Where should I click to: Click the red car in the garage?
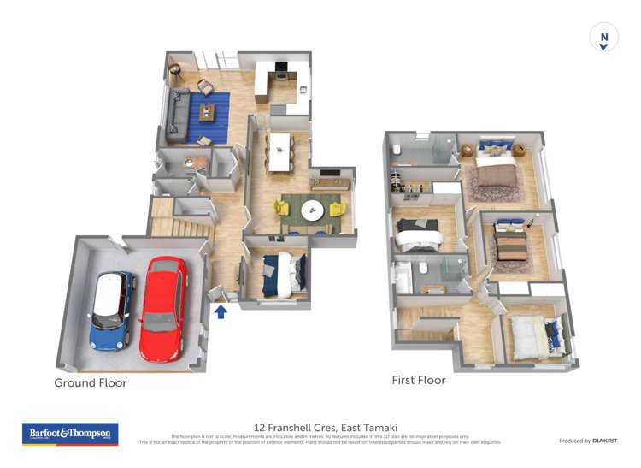point(162,308)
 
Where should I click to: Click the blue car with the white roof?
point(112,311)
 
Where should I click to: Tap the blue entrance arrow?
point(221,312)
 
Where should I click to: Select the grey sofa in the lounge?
point(177,116)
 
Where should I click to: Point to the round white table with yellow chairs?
point(312,209)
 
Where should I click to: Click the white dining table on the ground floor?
point(280,151)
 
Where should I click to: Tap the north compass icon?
point(603,38)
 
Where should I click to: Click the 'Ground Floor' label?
point(91,382)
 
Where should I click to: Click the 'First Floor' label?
point(418,380)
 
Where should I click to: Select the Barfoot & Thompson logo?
point(69,435)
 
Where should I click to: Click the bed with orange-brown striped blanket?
point(512,245)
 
